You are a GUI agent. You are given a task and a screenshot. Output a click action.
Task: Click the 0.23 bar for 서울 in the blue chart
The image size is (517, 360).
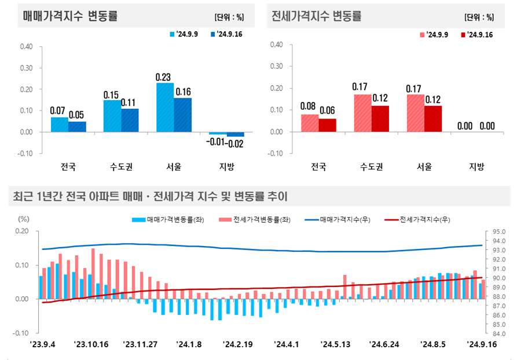click(x=165, y=108)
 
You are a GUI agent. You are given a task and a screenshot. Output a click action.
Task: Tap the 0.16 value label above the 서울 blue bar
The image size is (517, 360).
click(x=182, y=91)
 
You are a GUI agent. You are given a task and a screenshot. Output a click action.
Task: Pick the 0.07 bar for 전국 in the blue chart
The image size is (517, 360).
click(x=60, y=125)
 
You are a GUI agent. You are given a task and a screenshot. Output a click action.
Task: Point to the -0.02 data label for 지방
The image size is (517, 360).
click(x=236, y=143)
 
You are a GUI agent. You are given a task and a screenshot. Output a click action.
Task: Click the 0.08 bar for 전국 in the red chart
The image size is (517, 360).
click(x=310, y=123)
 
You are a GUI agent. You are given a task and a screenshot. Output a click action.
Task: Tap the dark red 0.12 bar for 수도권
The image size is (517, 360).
click(x=380, y=119)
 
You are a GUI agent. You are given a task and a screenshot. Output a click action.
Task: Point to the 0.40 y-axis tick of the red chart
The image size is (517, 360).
click(x=276, y=45)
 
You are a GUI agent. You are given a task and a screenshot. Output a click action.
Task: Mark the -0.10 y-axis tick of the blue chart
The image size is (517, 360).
click(x=26, y=153)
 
